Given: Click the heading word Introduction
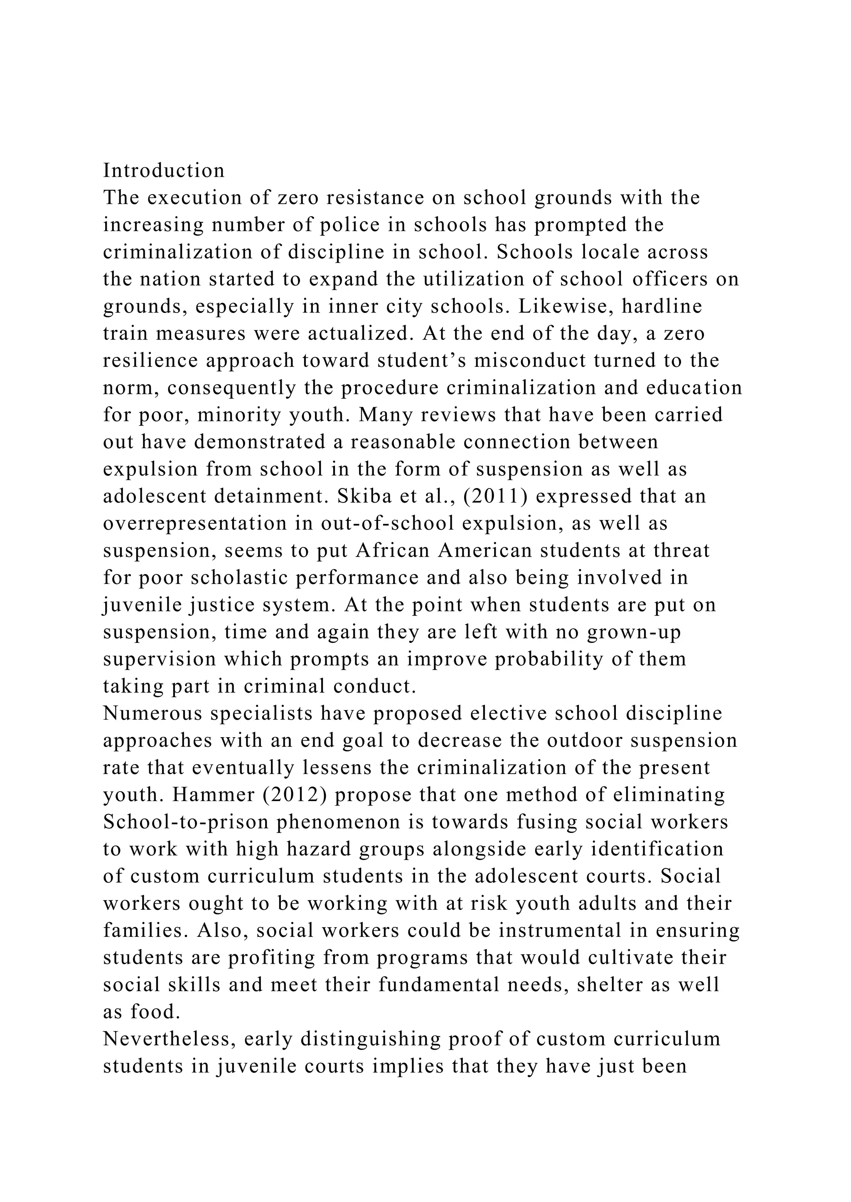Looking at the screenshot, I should coord(163,171).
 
